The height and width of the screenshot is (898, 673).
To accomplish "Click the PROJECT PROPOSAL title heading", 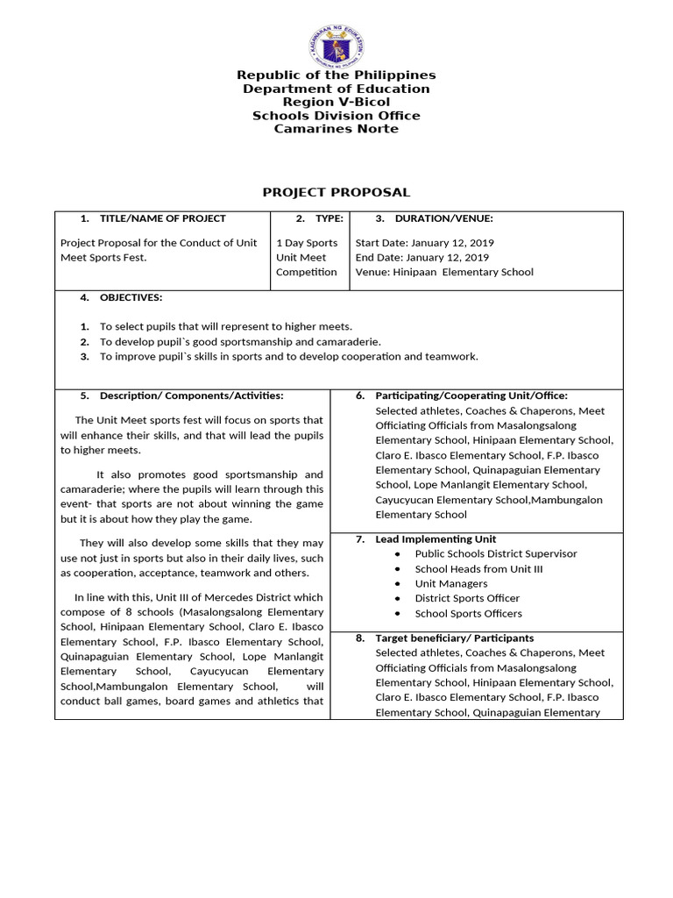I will click(336, 192).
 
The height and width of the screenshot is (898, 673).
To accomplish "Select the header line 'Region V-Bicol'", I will click(336, 103).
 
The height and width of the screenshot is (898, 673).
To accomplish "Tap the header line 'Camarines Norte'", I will click(336, 129).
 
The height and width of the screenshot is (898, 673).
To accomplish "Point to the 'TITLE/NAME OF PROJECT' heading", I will click(162, 219).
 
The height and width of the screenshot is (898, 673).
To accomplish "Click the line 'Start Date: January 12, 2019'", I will click(424, 243).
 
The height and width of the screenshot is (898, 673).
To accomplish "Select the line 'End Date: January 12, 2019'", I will click(422, 258).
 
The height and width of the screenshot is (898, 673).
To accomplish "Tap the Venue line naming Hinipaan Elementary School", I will click(443, 273).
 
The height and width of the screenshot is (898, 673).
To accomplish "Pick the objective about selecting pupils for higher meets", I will click(225, 326).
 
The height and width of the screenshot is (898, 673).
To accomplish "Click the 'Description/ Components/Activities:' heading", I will click(191, 396).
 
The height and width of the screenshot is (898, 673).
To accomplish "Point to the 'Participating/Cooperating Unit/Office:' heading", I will click(471, 396).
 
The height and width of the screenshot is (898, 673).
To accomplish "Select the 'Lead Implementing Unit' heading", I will click(436, 539).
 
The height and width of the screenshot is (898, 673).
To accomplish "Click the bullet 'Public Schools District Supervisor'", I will click(496, 554).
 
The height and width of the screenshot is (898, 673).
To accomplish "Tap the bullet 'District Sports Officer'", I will click(467, 599).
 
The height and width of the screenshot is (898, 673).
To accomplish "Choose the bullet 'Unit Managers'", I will click(451, 584).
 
